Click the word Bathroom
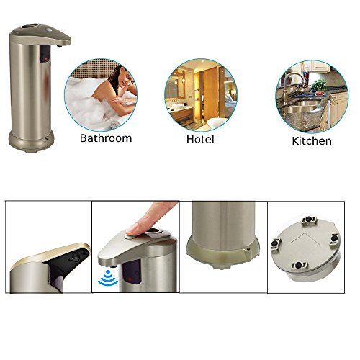pos(106,138)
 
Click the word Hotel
pos(200,139)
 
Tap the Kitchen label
pos(312,141)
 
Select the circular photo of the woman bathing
pos(101,95)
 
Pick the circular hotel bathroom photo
pos(201,95)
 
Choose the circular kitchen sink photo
pos(312,96)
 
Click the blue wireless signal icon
pos(108,278)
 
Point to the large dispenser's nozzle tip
pos(60,45)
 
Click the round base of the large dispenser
pos(32,141)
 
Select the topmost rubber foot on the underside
pos(310,220)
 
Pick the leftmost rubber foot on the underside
pos(275,244)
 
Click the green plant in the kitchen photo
pos(319,86)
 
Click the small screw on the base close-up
pos(249,249)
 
